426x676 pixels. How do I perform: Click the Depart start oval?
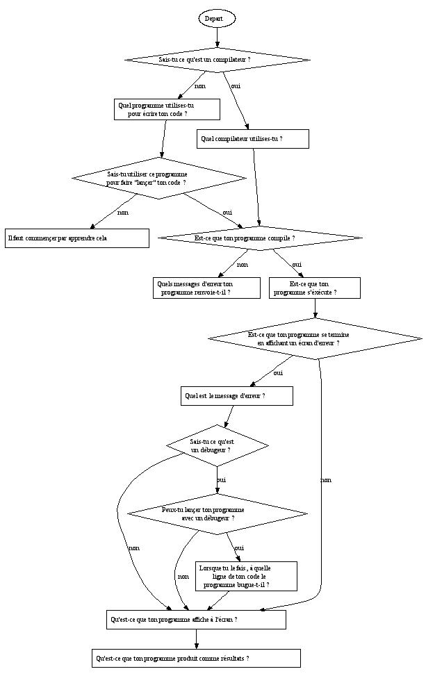click(217, 19)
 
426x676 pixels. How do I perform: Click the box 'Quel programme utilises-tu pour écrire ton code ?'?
click(167, 109)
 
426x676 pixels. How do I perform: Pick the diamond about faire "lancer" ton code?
click(159, 178)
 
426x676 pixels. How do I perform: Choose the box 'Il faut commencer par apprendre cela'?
click(77, 238)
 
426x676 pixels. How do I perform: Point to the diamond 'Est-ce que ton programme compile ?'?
click(260, 238)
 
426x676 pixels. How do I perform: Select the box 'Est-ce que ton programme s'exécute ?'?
click(314, 288)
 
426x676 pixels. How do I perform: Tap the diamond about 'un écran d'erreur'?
click(315, 339)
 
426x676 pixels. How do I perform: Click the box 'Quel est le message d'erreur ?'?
click(236, 396)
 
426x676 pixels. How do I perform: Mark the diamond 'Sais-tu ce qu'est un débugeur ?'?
click(218, 445)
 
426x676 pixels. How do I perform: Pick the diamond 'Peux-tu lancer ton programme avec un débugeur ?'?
click(217, 513)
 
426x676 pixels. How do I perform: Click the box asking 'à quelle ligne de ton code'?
click(247, 577)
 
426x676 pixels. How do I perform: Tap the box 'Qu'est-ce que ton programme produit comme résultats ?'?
click(196, 658)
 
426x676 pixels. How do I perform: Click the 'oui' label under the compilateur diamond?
click(236, 86)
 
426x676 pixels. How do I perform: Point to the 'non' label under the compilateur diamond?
click(199, 86)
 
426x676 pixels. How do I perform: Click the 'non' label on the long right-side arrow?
click(326, 480)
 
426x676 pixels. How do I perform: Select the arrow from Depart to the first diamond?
click(217, 38)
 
